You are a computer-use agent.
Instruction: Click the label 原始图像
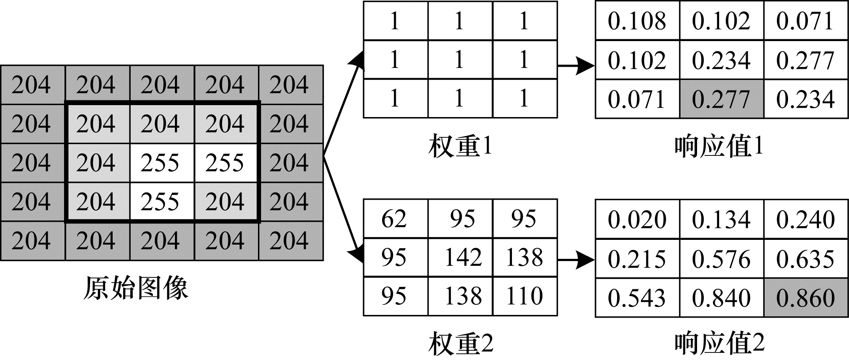[x=136, y=288]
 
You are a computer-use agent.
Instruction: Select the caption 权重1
[x=460, y=146]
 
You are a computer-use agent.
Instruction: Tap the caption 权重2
[x=460, y=344]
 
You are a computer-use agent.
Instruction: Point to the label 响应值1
[x=719, y=146]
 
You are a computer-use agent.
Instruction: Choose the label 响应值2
[x=719, y=344]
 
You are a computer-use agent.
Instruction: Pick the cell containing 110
[x=525, y=296]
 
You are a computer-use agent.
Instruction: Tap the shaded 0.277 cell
[x=721, y=99]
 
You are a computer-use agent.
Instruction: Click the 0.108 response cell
[x=637, y=21]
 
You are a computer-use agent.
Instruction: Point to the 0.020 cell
[x=637, y=220]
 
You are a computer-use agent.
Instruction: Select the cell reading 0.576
[x=721, y=259]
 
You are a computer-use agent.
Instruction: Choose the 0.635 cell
[x=806, y=259]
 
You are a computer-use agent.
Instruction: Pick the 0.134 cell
[x=721, y=220]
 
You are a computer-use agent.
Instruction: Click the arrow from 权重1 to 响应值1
[x=576, y=66]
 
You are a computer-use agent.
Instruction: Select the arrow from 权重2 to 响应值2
[x=576, y=261]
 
